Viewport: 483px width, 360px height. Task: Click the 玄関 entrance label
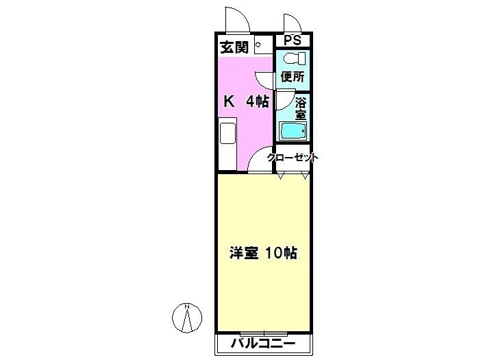[x=234, y=47]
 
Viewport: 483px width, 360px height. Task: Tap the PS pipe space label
[x=292, y=40]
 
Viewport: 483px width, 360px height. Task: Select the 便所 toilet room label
[x=293, y=77]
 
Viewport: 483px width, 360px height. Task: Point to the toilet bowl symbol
[x=294, y=58]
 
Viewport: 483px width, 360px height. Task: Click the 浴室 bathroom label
[x=300, y=108]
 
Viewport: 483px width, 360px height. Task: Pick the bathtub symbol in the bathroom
[x=293, y=131]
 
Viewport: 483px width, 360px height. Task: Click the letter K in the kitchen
[x=229, y=101]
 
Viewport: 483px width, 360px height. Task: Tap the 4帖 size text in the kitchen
[x=257, y=101]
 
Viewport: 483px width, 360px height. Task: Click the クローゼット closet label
[x=292, y=158]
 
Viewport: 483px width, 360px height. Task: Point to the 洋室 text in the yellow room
[x=243, y=253]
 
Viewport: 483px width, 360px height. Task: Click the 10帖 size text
[x=282, y=253]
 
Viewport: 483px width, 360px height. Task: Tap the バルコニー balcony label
[x=263, y=343]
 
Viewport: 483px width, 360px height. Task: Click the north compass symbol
[x=186, y=317]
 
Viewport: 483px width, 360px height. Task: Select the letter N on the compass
[x=186, y=307]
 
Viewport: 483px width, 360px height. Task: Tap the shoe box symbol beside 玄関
[x=264, y=45]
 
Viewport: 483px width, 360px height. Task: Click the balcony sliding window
[x=264, y=334]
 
